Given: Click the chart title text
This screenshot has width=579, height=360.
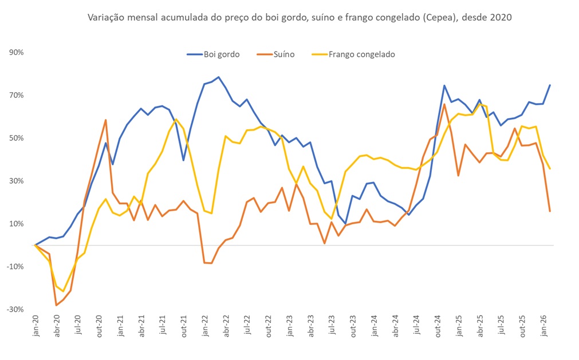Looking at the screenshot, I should (299, 18).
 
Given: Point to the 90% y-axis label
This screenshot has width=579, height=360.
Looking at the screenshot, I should (16, 53).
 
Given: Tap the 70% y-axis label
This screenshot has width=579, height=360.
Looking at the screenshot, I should (16, 95).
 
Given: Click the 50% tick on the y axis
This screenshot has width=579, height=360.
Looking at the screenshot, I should (16, 138).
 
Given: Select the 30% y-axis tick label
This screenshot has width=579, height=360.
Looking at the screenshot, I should (16, 181).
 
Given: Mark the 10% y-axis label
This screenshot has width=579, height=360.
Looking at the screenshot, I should (16, 224).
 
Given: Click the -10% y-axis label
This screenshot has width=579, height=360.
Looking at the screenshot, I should (15, 267).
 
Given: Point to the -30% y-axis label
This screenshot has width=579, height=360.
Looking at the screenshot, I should (15, 310).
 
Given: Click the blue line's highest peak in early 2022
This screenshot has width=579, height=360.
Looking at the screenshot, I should (219, 77).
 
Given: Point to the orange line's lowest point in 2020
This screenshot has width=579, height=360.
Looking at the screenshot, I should (57, 305).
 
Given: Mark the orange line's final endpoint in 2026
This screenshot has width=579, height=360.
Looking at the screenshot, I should (550, 211).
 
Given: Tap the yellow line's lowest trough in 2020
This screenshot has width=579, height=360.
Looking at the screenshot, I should (64, 291).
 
